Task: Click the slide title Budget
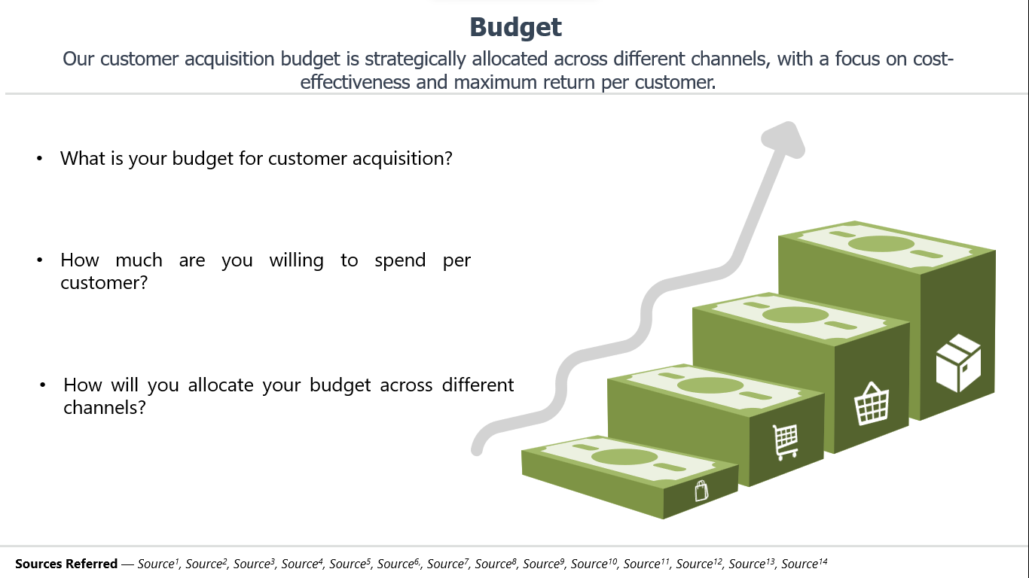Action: click(x=515, y=28)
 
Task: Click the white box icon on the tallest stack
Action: click(x=958, y=364)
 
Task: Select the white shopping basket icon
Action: click(x=872, y=403)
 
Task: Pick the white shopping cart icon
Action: click(x=786, y=442)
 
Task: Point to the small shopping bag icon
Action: click(x=701, y=491)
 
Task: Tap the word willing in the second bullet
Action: click(x=296, y=260)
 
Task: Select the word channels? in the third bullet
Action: click(x=104, y=407)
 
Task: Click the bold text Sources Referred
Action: click(x=66, y=564)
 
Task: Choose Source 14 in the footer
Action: click(x=805, y=563)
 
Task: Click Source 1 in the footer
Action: click(x=158, y=563)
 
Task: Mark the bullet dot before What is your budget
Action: click(x=39, y=158)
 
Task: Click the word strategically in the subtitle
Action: click(x=415, y=59)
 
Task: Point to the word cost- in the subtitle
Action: click(x=933, y=59)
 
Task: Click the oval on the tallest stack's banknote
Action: click(x=881, y=244)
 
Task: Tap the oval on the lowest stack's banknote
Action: click(x=624, y=457)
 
